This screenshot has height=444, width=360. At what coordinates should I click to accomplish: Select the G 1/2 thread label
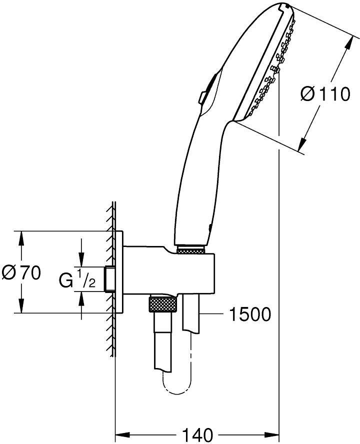[77, 279]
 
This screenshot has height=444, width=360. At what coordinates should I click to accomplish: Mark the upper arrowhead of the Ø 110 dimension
[349, 42]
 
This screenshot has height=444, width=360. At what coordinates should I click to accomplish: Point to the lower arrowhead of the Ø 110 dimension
[303, 143]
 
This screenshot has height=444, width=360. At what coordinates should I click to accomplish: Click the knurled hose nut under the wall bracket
[162, 304]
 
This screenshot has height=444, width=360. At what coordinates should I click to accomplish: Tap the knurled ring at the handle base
[190, 250]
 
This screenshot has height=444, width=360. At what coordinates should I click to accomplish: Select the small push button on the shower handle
[202, 97]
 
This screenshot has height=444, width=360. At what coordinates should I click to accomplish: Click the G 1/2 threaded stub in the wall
[109, 279]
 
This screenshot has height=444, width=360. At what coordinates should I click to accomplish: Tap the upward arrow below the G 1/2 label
[81, 305]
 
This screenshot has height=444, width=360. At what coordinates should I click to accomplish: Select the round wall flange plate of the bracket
[119, 272]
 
